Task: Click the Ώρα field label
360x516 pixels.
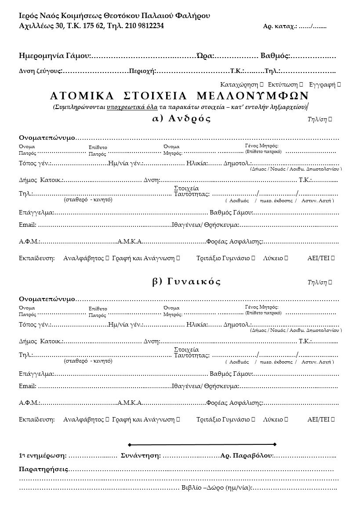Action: coord(204,56)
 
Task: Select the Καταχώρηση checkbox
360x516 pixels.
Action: coord(262,84)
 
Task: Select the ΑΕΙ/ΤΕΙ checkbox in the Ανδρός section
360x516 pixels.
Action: coord(333,258)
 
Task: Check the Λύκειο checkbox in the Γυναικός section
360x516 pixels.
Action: coord(287,420)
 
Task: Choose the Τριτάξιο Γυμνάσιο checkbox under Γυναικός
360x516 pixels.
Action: coord(254,420)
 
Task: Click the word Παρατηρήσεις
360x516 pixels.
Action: coord(44,469)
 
